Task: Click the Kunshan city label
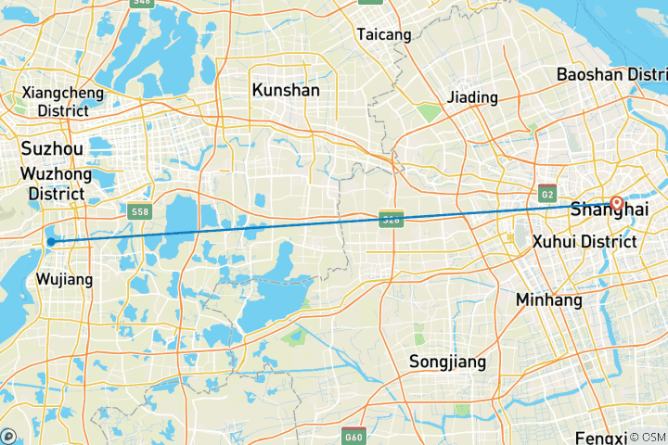[x=286, y=90]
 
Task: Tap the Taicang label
[x=383, y=34]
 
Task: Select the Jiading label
[x=471, y=97]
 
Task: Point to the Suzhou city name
[x=51, y=148]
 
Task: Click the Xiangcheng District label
[x=56, y=101]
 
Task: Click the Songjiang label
[x=447, y=362]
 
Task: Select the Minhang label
[x=550, y=300]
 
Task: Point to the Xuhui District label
[x=584, y=242]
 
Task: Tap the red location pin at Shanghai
[x=616, y=203]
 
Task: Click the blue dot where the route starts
[x=52, y=242]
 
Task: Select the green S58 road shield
[x=140, y=211]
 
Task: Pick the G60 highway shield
[x=353, y=436]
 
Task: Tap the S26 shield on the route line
[x=391, y=219]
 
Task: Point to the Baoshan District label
[x=611, y=74]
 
